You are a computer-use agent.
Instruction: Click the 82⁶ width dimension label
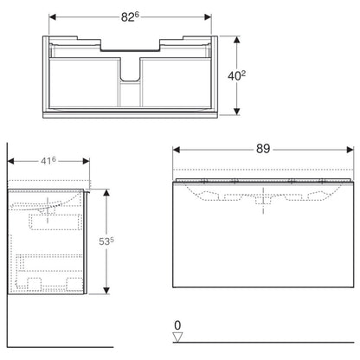[x=130, y=17]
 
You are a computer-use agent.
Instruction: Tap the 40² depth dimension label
[x=237, y=76]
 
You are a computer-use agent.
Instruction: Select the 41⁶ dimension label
[x=48, y=161]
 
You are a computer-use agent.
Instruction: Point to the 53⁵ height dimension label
[x=106, y=241]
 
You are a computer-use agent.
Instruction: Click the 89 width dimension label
[x=263, y=149]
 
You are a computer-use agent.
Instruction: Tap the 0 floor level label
[x=177, y=325]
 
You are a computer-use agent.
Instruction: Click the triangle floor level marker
[x=177, y=337]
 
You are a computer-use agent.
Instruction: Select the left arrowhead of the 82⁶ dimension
[x=52, y=17]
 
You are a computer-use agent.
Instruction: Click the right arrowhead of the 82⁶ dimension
[x=208, y=17]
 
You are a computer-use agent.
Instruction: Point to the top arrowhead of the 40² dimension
[x=236, y=40]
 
